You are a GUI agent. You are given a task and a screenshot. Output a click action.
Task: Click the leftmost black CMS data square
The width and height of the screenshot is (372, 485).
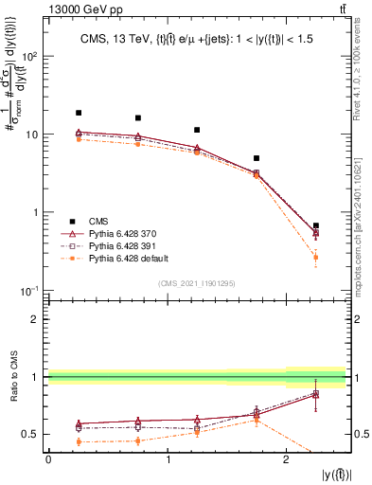[79, 113]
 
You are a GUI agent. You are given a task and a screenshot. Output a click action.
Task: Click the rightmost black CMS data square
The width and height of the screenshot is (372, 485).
[315, 225]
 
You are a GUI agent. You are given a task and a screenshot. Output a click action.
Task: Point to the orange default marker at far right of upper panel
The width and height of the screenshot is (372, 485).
[315, 258]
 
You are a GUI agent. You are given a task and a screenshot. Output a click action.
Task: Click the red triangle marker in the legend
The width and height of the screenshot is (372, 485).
[66, 232]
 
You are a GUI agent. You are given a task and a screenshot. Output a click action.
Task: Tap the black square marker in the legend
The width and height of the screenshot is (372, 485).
[66, 219]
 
